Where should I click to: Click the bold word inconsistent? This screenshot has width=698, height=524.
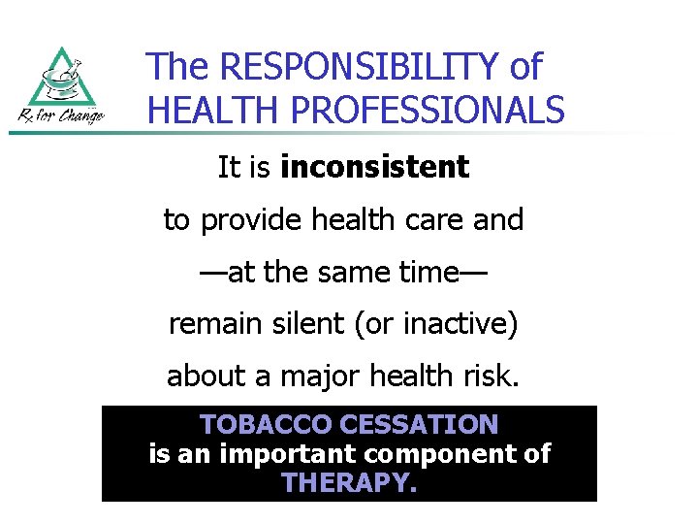(x=374, y=168)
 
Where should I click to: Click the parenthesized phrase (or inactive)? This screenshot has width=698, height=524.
(x=441, y=324)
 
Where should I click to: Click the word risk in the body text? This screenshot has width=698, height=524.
(x=489, y=377)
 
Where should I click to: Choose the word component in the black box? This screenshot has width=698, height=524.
(x=441, y=454)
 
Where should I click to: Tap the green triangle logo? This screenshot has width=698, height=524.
(x=62, y=78)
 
